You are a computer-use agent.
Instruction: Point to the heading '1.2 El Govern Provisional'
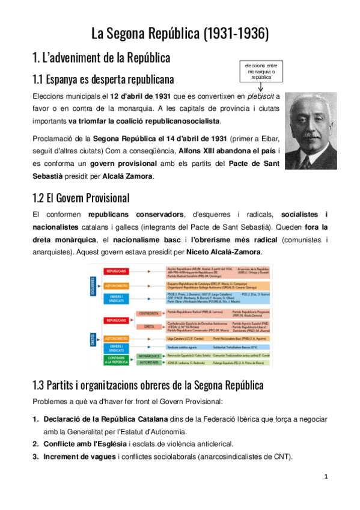[x=81, y=197]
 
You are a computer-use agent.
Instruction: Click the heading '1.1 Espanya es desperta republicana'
[x=103, y=79]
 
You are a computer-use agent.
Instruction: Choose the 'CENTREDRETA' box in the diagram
[x=149, y=313]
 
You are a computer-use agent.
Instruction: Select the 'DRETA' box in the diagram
[x=149, y=327]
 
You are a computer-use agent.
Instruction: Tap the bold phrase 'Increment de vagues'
[x=79, y=456]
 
